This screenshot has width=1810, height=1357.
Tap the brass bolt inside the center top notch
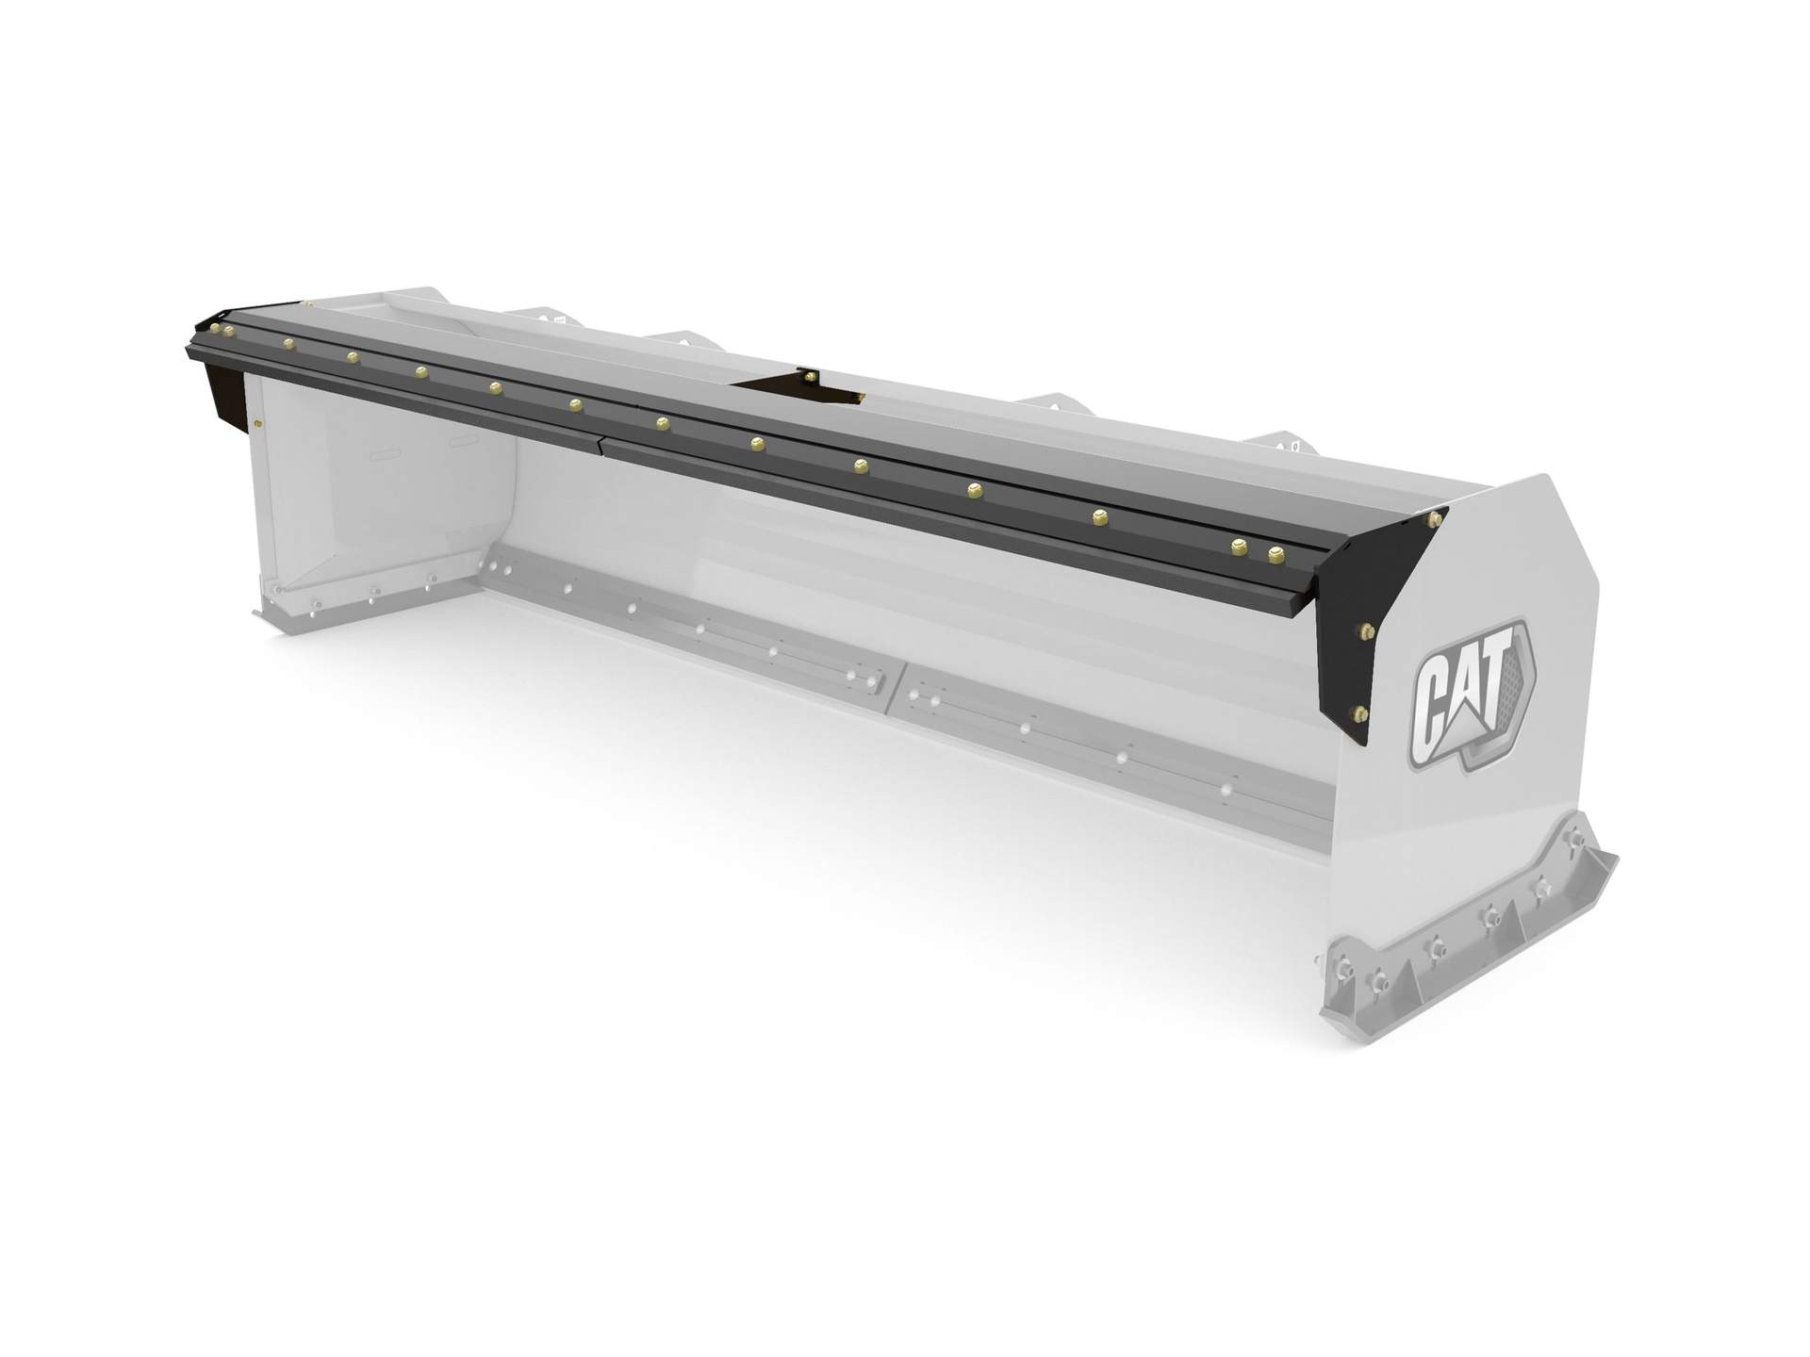click(x=811, y=377)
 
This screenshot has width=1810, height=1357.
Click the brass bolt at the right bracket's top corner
click(x=1437, y=519)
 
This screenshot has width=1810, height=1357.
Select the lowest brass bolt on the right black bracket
click(x=1359, y=712)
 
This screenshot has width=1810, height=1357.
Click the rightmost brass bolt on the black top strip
click(x=1277, y=554)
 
